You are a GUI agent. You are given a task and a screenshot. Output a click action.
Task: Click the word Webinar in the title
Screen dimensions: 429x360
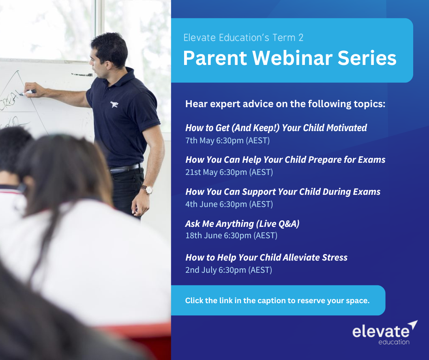tap(292, 58)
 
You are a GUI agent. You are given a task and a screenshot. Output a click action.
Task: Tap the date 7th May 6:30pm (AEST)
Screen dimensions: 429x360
tap(227, 140)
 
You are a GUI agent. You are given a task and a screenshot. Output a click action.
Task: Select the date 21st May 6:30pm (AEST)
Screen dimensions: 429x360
tap(229, 172)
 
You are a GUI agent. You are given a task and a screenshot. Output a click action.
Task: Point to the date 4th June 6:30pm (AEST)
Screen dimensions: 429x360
tap(229, 204)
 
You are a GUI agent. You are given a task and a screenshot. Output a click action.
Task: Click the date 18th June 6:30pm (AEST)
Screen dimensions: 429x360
tap(232, 235)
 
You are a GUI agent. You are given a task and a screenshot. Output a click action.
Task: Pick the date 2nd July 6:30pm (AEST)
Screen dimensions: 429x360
tap(229, 270)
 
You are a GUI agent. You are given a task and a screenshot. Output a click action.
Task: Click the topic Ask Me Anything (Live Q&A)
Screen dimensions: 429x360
tap(242, 224)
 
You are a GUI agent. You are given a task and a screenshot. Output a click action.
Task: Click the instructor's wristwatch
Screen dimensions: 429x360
tap(148, 189)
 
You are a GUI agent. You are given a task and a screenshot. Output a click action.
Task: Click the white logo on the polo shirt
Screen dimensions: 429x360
tap(114, 104)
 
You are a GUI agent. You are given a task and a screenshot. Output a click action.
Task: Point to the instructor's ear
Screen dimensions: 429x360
tap(108, 65)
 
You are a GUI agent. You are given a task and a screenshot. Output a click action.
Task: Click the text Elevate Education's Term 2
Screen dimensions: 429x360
tap(243, 37)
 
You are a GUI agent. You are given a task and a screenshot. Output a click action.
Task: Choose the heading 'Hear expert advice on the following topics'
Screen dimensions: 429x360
tap(285, 104)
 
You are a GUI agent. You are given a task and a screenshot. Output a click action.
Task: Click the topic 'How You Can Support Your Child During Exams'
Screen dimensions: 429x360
tap(283, 192)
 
